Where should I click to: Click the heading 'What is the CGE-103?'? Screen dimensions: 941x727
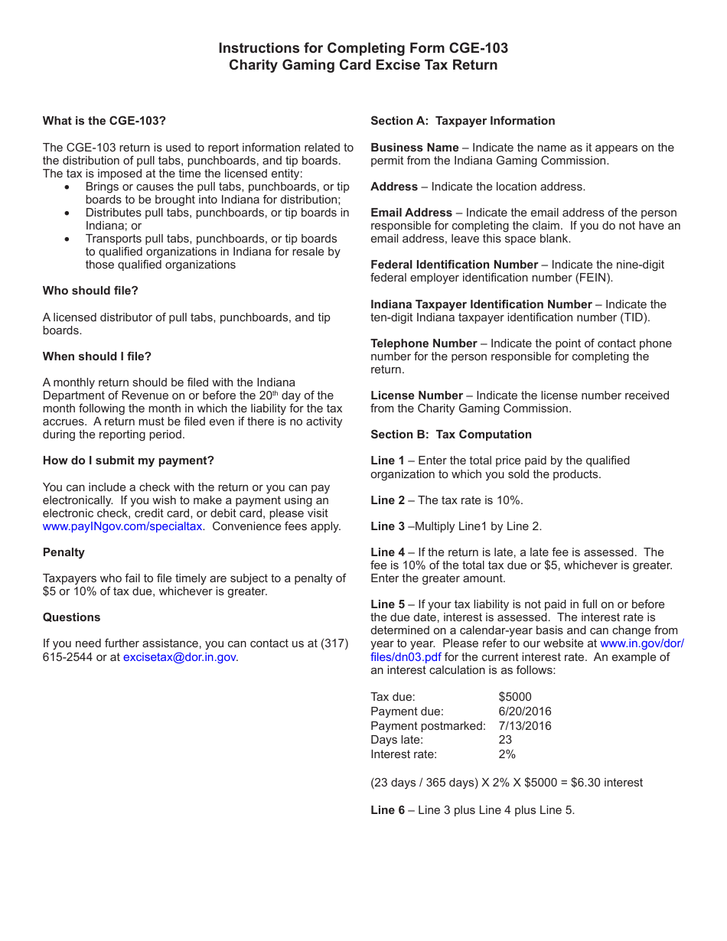click(104, 121)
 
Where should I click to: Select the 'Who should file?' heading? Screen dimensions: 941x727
click(90, 291)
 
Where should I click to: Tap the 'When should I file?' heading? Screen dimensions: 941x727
click(97, 357)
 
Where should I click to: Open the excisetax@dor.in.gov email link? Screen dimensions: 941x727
click(179, 656)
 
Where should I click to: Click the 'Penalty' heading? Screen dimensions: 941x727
click(64, 552)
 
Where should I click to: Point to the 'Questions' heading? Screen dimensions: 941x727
click(71, 617)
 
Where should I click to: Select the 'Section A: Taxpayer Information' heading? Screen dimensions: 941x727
click(462, 121)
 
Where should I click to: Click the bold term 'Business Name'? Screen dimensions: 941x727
click(414, 148)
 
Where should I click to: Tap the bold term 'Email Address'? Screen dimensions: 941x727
click(411, 213)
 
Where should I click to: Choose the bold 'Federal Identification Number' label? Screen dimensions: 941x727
click(454, 265)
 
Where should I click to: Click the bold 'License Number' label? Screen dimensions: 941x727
click(416, 396)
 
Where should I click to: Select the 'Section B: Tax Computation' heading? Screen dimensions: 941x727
click(451, 435)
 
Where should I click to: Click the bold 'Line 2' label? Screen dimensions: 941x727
click(387, 500)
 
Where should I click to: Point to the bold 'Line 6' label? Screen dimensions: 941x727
click(387, 810)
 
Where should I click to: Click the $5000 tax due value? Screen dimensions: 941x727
click(514, 697)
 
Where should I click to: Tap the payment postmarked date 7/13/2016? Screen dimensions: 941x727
click(524, 726)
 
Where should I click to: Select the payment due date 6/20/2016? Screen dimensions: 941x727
click(524, 711)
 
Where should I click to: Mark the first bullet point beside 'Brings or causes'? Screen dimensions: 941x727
click(68, 187)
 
